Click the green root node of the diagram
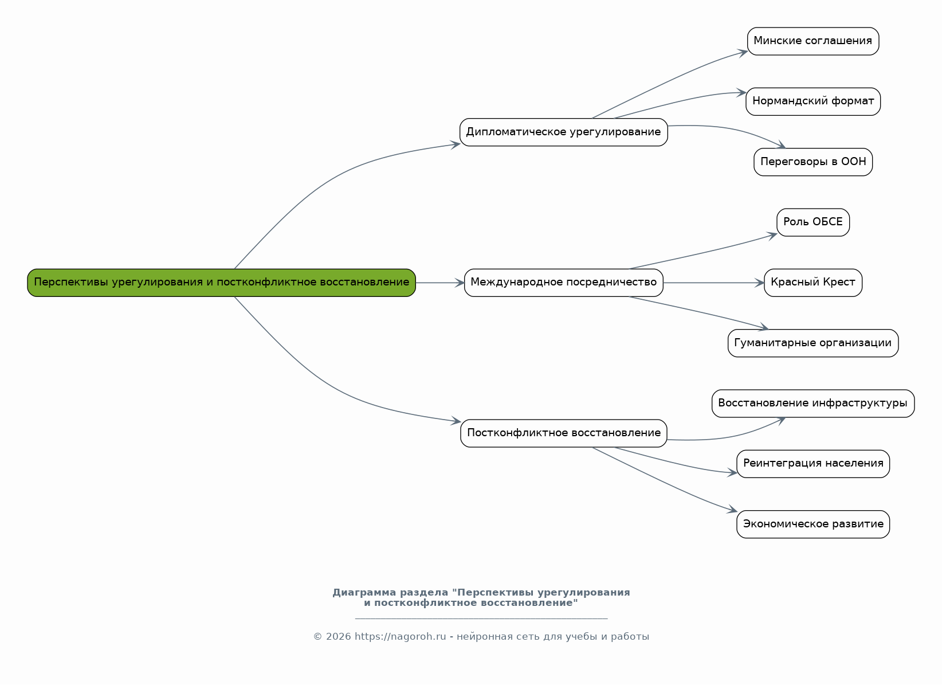pos(221,283)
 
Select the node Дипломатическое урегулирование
pos(563,132)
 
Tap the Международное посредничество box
pos(563,283)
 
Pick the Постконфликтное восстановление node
pos(563,433)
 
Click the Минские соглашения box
pos(813,41)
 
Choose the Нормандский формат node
pos(813,101)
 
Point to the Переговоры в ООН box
pos(813,162)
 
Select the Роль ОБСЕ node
pos(813,222)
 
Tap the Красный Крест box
pos(813,283)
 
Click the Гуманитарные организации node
pos(813,343)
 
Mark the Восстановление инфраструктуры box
pos(813,404)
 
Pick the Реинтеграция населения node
pos(813,464)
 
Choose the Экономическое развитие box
pos(813,524)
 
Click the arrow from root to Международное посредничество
pos(440,283)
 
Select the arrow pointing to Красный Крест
pos(713,283)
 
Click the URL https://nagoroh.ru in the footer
pos(400,637)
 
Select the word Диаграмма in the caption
pos(364,593)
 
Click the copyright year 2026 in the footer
pos(338,637)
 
